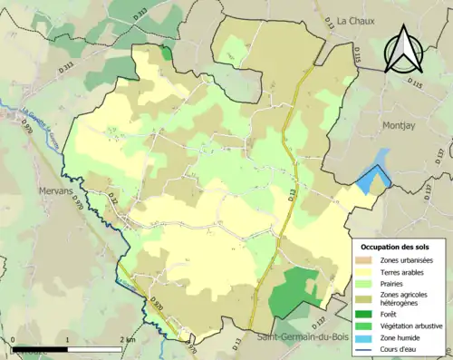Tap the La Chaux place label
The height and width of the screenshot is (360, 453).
pyautogui.click(x=355, y=20)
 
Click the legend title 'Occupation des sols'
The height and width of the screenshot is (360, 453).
pyautogui.click(x=397, y=247)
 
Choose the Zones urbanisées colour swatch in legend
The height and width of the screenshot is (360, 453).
pyautogui.click(x=369, y=260)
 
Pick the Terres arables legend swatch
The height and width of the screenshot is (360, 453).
pyautogui.click(x=369, y=271)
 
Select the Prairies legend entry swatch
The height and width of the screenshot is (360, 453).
pyautogui.click(x=369, y=283)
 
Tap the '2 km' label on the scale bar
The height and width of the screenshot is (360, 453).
pyautogui.click(x=127, y=340)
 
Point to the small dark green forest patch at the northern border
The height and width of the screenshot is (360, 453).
pyautogui.click(x=167, y=54)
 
